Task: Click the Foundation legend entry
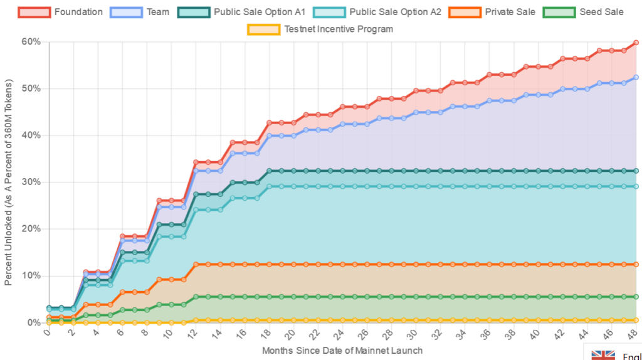click(x=60, y=12)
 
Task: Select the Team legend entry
click(x=140, y=12)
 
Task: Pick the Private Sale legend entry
click(x=494, y=12)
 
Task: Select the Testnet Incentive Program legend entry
click(x=320, y=29)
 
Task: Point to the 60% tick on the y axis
click(x=31, y=42)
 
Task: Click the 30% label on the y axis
click(x=31, y=183)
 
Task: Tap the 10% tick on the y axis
click(x=31, y=276)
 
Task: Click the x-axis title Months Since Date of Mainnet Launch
click(x=342, y=351)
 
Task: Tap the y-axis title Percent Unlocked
click(x=8, y=182)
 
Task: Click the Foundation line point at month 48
click(x=636, y=43)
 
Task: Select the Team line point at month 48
click(x=636, y=77)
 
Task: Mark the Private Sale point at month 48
click(x=636, y=265)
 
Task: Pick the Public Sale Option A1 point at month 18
click(x=269, y=171)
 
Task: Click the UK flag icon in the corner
click(x=604, y=355)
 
